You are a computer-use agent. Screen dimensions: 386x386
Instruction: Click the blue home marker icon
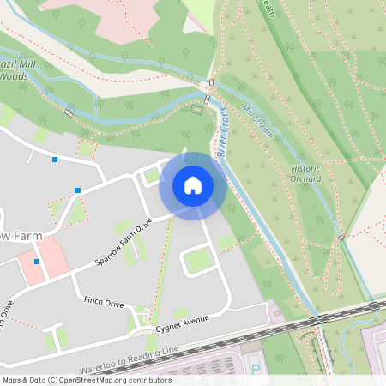pyautogui.click(x=193, y=185)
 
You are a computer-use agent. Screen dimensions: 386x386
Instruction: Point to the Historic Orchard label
pyautogui.click(x=305, y=173)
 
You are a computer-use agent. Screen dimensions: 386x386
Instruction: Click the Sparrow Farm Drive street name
pyautogui.click(x=125, y=244)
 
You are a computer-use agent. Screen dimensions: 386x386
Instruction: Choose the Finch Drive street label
pyautogui.click(x=104, y=304)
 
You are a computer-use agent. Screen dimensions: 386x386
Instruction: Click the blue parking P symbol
pyautogui.click(x=255, y=369)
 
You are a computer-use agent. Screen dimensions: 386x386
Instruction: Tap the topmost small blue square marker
pyautogui.click(x=55, y=160)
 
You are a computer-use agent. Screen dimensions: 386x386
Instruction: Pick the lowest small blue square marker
pyautogui.click(x=37, y=261)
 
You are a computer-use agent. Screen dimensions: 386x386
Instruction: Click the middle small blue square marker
pyautogui.click(x=78, y=190)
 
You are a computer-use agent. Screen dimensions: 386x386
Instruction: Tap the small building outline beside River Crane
pyautogui.click(x=196, y=109)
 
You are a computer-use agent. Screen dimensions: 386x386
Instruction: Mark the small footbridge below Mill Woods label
pyautogui.click(x=68, y=112)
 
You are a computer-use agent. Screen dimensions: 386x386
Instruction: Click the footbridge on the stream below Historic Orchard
pyautogui.click(x=341, y=238)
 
